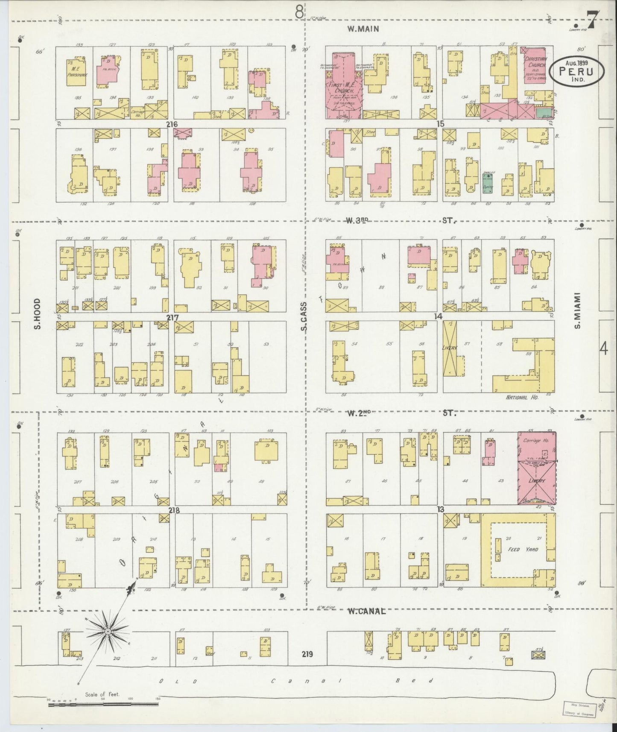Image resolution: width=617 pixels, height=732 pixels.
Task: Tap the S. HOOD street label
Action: [38, 314]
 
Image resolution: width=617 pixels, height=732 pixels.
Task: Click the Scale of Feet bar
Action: [102, 703]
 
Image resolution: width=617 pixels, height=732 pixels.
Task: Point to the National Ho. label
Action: [522, 397]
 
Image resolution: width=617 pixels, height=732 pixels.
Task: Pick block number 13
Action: [440, 509]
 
